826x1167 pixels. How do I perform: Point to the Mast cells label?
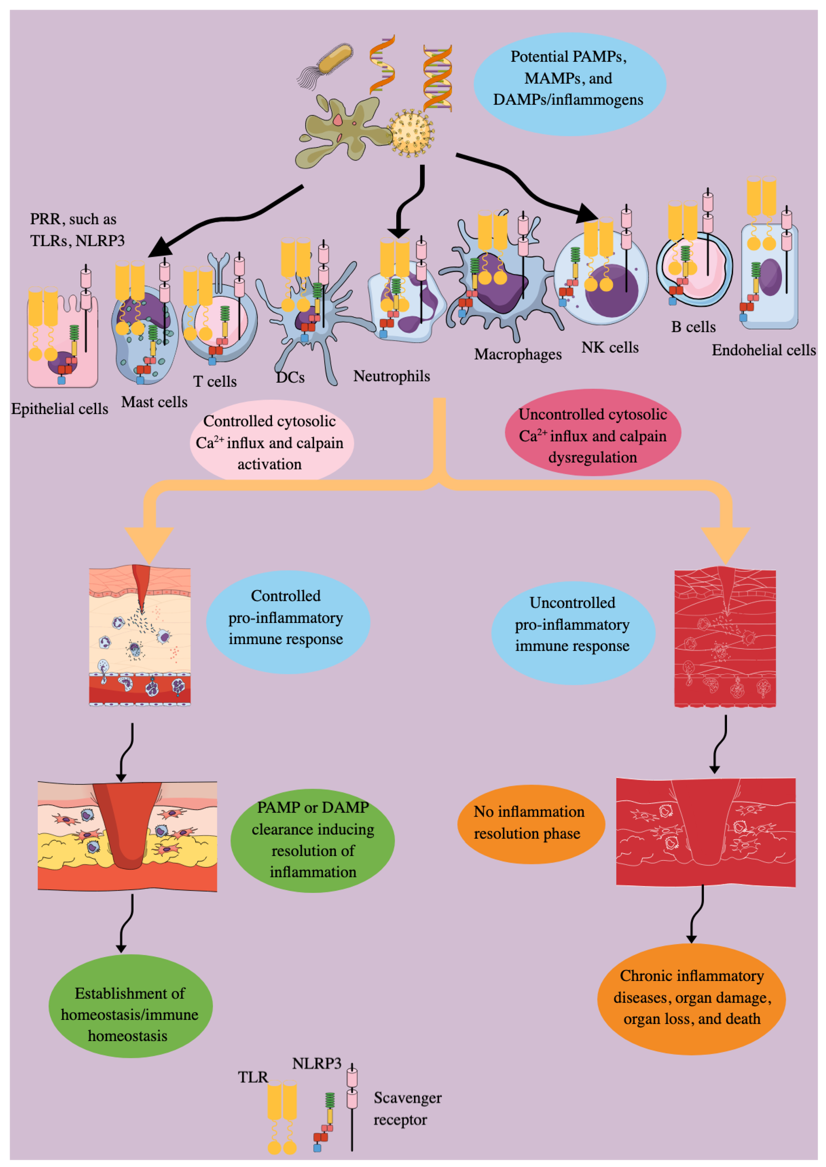coord(154,402)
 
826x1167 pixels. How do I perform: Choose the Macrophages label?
coord(518,354)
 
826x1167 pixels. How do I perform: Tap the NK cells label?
coord(610,348)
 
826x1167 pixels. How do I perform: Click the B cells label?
coord(693,327)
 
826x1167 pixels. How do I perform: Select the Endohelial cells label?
coord(764,350)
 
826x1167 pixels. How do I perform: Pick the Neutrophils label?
coord(392,376)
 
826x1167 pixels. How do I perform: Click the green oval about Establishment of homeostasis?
coord(130,1014)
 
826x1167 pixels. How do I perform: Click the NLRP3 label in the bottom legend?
coord(316,1064)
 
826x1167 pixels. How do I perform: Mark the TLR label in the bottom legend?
coord(253,1077)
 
